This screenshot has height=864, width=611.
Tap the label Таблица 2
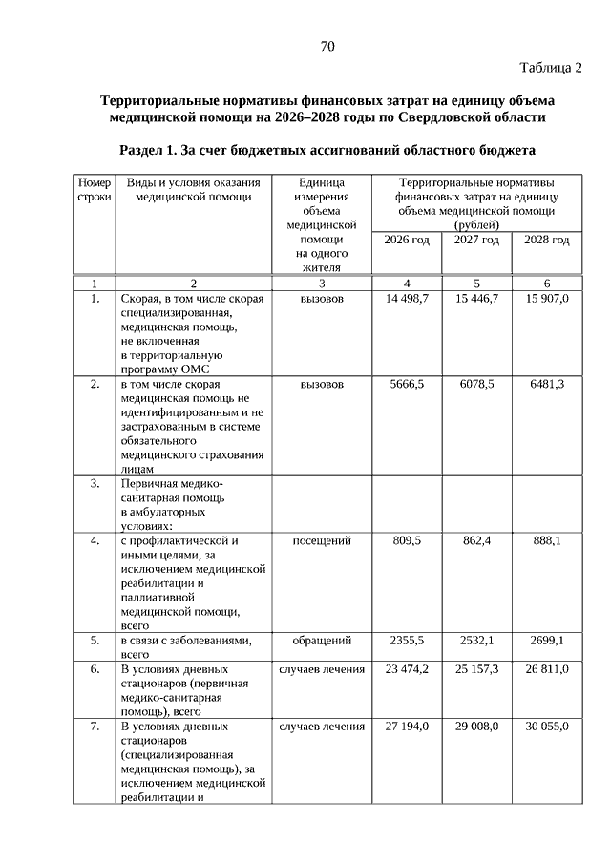click(551, 67)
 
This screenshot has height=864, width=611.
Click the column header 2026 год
click(407, 240)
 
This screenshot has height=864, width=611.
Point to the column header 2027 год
click(476, 240)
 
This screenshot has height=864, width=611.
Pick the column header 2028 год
click(547, 240)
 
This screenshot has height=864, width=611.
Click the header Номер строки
click(95, 189)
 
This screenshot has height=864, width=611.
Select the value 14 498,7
click(407, 299)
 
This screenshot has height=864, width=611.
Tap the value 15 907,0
click(547, 299)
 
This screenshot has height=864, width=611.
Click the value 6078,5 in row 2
click(476, 384)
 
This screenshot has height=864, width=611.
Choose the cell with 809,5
click(407, 540)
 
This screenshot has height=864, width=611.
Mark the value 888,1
click(547, 540)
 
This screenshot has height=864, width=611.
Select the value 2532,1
click(476, 640)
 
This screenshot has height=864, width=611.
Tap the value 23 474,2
click(407, 669)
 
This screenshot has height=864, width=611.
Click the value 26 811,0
click(547, 669)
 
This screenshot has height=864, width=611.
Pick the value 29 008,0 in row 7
click(476, 727)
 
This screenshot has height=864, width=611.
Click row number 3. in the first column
click(95, 483)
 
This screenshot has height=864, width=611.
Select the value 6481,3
click(547, 384)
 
